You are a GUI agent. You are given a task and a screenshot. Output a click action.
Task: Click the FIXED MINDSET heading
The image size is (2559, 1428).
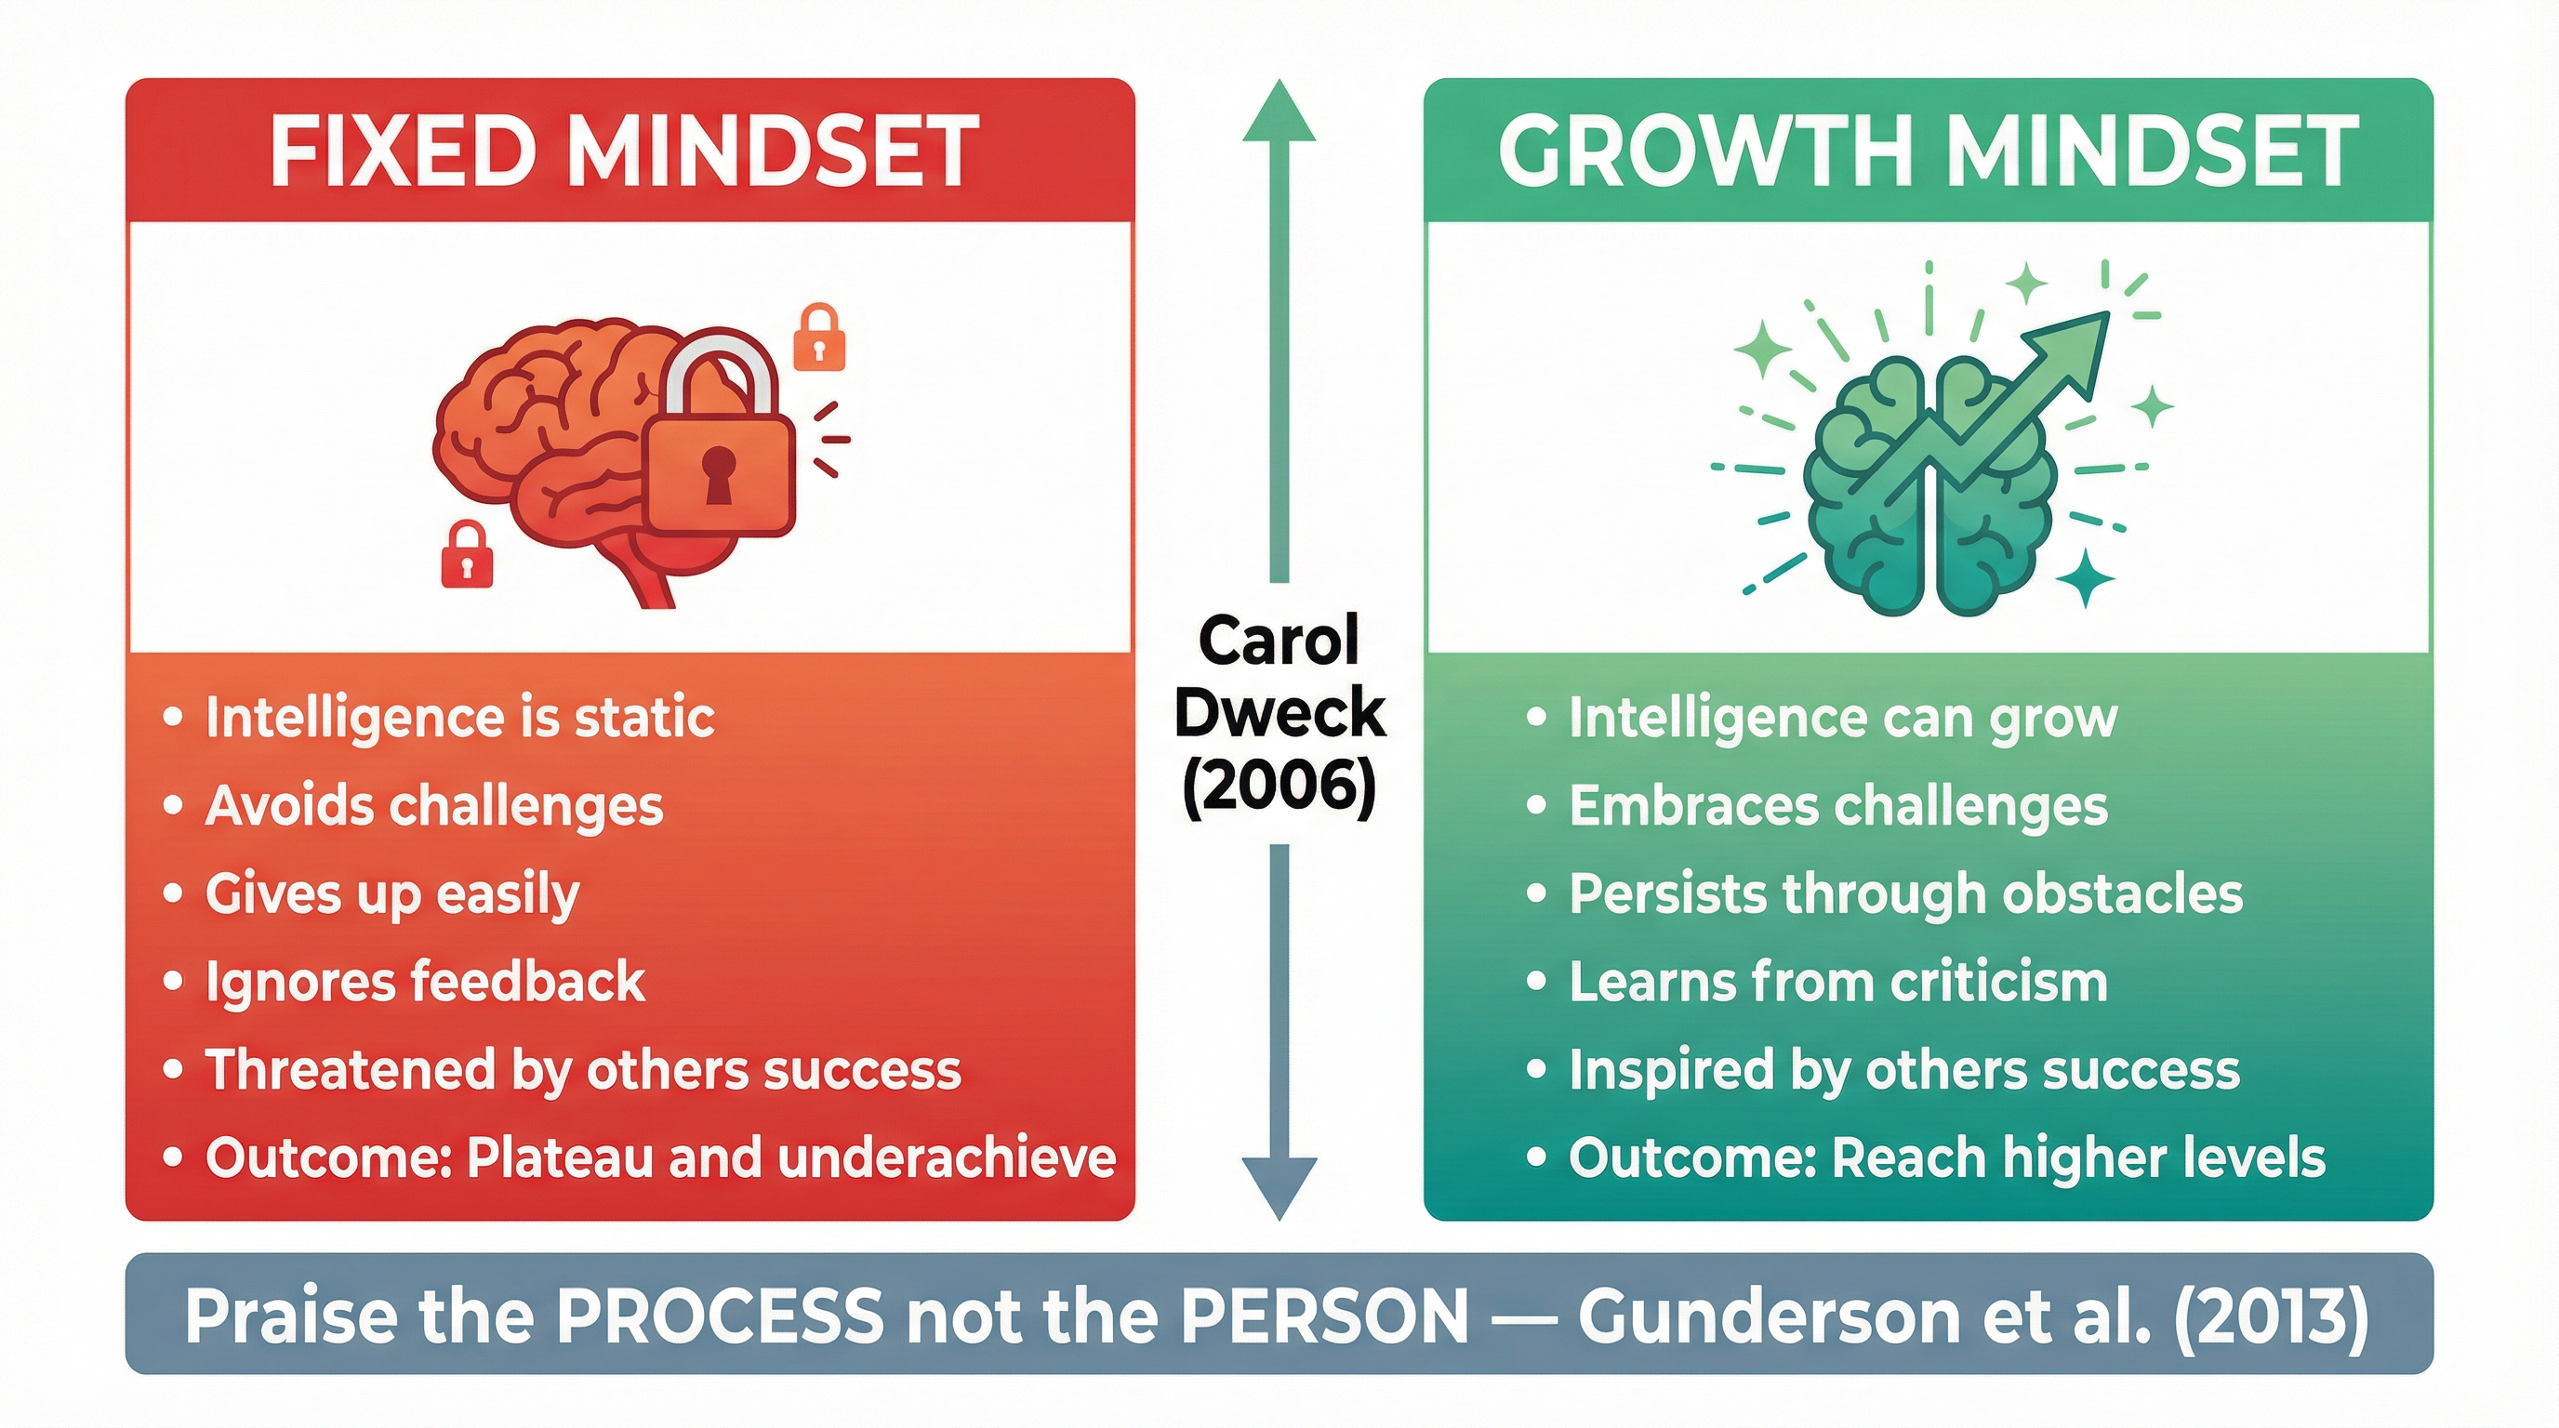624,152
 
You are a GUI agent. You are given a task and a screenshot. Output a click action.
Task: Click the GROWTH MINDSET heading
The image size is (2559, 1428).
1928,152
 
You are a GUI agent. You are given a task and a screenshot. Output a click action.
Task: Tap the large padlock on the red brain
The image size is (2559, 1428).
719,467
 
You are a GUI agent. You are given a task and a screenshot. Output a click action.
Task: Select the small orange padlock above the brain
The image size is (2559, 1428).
818,339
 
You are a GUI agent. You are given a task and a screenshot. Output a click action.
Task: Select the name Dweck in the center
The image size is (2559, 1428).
1279,713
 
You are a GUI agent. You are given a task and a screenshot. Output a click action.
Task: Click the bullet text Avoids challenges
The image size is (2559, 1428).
434,805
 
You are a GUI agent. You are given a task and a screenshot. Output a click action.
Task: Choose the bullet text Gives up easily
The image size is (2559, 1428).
392,893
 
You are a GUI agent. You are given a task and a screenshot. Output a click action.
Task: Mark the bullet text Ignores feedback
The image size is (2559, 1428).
425,982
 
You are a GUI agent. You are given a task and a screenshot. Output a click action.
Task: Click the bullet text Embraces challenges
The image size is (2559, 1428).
1837,805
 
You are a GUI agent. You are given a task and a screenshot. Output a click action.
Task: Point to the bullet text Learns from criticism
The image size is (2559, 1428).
1837,982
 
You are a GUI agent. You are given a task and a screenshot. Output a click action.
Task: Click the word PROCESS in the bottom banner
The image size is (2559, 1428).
718,1316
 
